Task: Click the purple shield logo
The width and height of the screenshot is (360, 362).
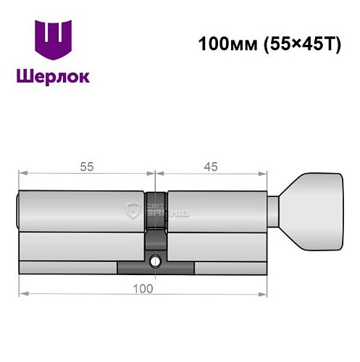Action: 53,40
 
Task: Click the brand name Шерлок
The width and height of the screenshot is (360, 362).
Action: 53,77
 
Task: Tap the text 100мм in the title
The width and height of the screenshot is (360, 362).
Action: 227,44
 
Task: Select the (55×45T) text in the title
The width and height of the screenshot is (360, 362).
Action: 303,44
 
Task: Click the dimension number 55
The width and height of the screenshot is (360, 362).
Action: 87,167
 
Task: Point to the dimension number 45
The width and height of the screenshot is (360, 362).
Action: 211,167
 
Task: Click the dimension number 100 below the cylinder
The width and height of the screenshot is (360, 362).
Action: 143,289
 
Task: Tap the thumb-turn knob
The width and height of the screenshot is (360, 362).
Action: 311,211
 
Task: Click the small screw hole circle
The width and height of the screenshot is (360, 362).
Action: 155,261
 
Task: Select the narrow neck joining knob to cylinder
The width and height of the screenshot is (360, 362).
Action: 273,211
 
